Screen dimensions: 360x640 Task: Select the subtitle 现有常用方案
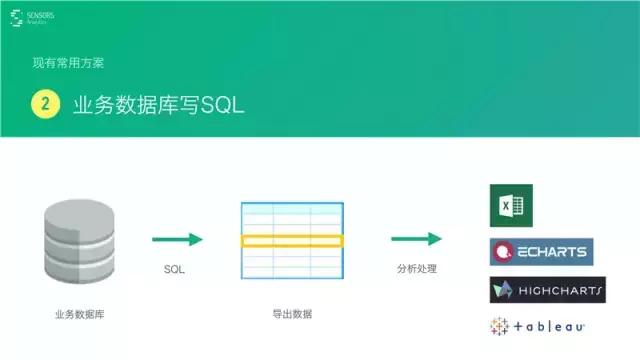tap(68, 64)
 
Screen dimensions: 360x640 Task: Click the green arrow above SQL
tap(177, 239)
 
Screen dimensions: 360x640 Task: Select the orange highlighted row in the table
tap(291, 241)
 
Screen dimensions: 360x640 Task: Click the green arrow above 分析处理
tap(416, 239)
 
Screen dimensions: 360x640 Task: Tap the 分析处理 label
tap(416, 270)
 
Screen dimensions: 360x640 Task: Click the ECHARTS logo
tap(539, 250)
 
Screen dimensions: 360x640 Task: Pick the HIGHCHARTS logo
tap(547, 290)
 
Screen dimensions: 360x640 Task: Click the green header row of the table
tap(291, 206)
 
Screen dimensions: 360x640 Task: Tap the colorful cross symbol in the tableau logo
tap(498, 326)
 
